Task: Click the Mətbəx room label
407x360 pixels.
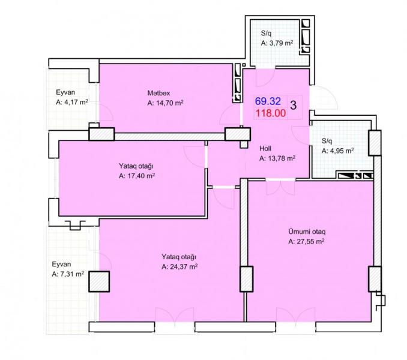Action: (158, 93)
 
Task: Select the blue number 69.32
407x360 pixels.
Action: (268, 101)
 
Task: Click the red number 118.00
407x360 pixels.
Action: (271, 113)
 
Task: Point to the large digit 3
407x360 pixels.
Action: (294, 106)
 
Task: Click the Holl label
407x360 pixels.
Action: (265, 148)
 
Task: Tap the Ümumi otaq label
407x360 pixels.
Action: (307, 232)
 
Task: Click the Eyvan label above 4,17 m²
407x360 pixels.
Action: (65, 92)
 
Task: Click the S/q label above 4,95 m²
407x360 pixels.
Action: (327, 141)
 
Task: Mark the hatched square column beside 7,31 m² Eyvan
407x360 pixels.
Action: (99, 281)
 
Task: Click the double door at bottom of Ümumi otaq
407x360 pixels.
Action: (296, 315)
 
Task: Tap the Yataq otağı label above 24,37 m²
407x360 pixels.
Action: (179, 257)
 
